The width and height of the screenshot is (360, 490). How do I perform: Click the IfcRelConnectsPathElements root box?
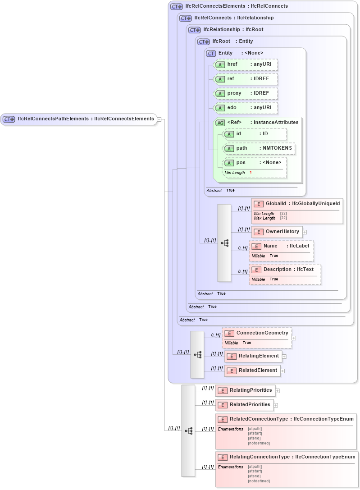79,119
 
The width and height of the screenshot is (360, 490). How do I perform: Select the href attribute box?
246,64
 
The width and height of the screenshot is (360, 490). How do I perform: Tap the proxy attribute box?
246,93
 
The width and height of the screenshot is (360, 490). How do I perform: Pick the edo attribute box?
246,108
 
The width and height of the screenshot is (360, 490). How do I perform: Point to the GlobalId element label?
297,204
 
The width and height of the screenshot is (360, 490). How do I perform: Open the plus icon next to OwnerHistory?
305,232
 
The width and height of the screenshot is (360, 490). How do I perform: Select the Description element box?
285,270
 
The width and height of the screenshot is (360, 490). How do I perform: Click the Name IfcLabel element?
282,246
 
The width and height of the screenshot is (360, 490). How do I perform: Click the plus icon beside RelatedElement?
283,371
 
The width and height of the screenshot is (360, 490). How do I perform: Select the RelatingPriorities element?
246,390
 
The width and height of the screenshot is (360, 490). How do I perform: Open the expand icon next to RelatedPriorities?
276,405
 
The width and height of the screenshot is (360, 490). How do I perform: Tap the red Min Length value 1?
251,173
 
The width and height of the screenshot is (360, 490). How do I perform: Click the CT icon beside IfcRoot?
204,41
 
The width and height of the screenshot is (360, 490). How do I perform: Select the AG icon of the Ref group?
220,123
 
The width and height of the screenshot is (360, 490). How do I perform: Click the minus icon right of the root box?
159,119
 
